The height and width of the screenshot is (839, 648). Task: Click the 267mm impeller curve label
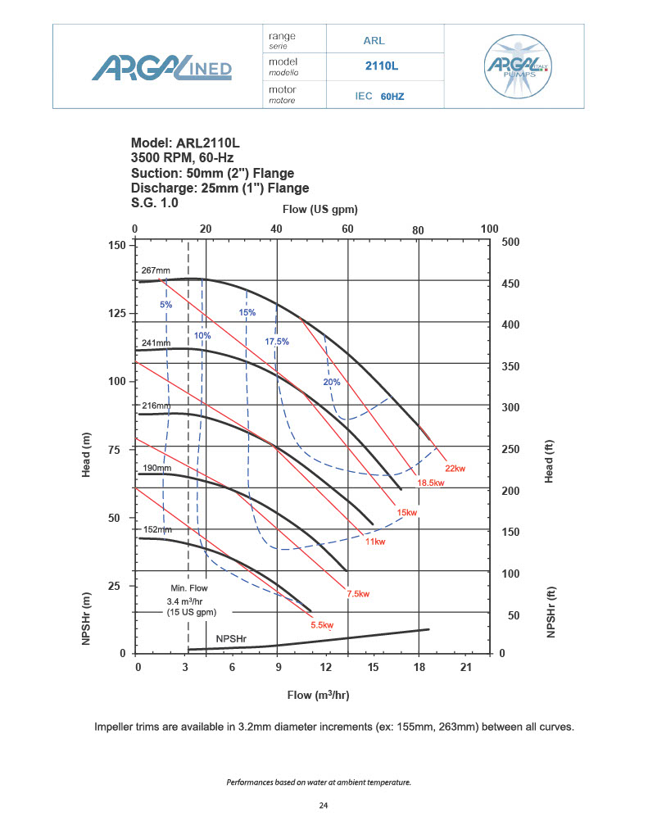[155, 270]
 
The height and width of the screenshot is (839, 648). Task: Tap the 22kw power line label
[455, 468]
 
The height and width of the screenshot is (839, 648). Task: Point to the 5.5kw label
[322, 625]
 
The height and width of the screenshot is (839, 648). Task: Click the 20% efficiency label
[331, 382]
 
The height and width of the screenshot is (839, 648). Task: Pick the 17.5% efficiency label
[277, 341]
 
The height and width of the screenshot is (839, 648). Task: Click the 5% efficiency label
[166, 305]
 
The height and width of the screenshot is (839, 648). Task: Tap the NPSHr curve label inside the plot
[233, 638]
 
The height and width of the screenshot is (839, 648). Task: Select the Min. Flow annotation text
[189, 588]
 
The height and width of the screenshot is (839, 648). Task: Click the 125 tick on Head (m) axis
[116, 314]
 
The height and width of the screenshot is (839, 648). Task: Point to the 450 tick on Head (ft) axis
[510, 284]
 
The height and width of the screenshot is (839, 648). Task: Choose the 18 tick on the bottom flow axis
[419, 669]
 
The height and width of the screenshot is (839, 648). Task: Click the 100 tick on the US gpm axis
[490, 229]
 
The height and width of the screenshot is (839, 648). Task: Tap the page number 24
[324, 806]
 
